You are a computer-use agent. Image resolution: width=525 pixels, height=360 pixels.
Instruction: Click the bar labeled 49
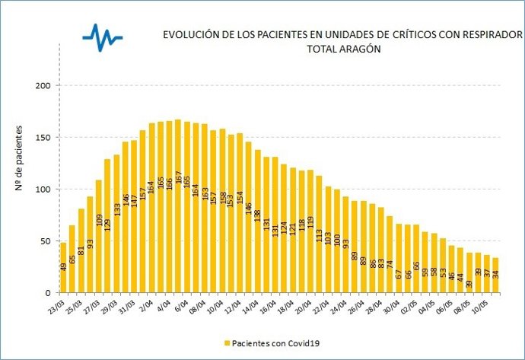click(x=63, y=267)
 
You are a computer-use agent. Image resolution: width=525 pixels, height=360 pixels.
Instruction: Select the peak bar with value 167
click(x=178, y=206)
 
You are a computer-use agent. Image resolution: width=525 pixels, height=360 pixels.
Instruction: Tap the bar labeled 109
click(x=99, y=236)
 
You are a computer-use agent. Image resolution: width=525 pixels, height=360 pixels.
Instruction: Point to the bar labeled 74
click(x=390, y=254)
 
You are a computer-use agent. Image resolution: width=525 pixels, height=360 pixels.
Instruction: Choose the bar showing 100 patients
click(x=336, y=241)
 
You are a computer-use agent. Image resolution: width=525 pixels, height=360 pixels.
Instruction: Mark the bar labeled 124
click(x=284, y=228)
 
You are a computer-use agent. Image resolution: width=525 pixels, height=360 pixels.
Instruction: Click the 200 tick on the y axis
click(x=43, y=86)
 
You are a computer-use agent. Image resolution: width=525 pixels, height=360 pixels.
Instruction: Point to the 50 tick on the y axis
click(x=46, y=241)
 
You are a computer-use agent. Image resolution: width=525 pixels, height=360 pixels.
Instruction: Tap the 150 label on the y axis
click(x=43, y=138)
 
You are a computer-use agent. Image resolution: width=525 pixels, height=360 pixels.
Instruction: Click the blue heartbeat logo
click(x=103, y=36)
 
